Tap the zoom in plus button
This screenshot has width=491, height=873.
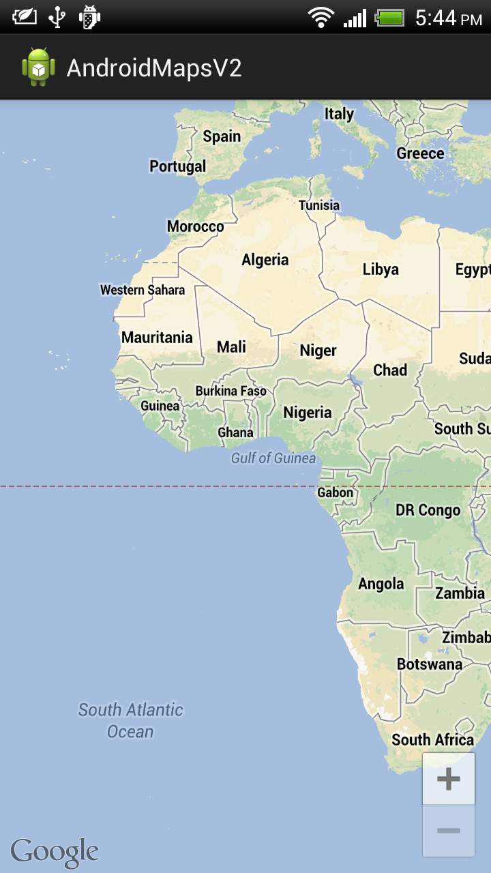click(x=448, y=779)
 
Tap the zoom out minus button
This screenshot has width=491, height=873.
click(x=448, y=831)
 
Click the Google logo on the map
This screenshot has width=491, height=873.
click(x=55, y=852)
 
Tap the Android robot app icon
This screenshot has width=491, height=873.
click(x=38, y=67)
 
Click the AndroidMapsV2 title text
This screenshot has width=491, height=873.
click(x=154, y=68)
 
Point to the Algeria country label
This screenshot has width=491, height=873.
click(x=265, y=260)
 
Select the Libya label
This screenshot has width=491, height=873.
click(x=381, y=269)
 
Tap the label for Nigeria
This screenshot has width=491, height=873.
click(x=308, y=413)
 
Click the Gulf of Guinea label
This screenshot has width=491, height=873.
click(x=273, y=458)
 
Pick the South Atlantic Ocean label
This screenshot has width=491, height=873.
click(x=130, y=721)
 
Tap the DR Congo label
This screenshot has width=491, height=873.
click(x=428, y=510)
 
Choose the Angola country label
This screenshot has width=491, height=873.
click(x=381, y=584)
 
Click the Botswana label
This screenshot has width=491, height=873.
click(x=430, y=664)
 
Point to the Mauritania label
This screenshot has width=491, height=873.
click(x=157, y=338)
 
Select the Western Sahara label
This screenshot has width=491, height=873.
click(x=143, y=290)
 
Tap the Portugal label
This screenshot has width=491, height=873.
click(x=177, y=166)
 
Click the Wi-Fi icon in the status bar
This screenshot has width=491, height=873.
click(x=321, y=17)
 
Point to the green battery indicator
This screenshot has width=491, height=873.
click(x=390, y=17)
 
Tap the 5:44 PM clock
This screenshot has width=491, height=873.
click(x=448, y=18)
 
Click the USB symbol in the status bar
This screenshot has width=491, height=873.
click(x=57, y=17)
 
